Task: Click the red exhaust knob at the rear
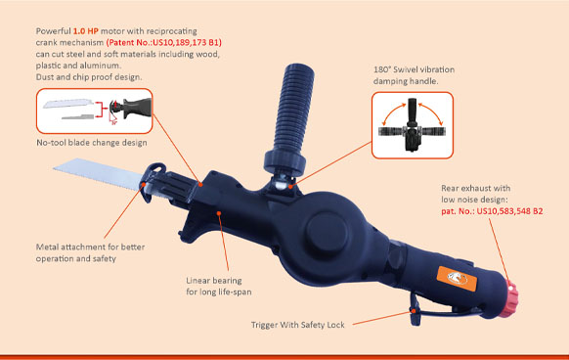click(x=509, y=298)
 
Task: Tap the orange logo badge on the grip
click(x=457, y=279)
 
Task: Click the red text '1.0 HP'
click(x=86, y=31)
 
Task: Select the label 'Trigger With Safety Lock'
click(x=298, y=325)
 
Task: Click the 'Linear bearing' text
click(x=214, y=281)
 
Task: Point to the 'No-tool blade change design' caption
click(x=92, y=143)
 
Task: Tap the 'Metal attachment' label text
click(x=70, y=247)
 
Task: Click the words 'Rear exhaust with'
click(x=476, y=188)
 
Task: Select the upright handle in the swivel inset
click(x=412, y=112)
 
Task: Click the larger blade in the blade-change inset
click(x=67, y=103)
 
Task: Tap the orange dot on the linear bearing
click(x=219, y=213)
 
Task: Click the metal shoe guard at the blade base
click(x=153, y=182)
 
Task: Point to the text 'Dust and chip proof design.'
click(x=89, y=77)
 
